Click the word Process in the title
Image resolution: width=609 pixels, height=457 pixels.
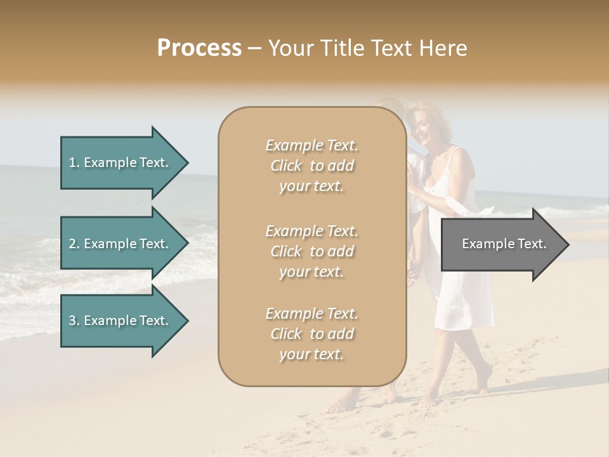tap(199, 48)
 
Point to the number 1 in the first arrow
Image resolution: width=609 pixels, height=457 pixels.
tap(72, 162)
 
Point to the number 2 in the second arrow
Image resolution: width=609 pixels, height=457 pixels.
tap(72, 244)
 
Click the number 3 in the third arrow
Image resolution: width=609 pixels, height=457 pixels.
tap(72, 321)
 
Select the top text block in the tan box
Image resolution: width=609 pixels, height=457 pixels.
tap(311, 166)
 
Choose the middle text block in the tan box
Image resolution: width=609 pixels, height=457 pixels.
tap(311, 251)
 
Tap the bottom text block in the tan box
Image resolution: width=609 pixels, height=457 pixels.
tap(311, 334)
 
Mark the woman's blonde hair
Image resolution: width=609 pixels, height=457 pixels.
tap(438, 117)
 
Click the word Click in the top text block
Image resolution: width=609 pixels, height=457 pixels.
tap(286, 166)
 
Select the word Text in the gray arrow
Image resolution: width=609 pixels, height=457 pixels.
tap(532, 244)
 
